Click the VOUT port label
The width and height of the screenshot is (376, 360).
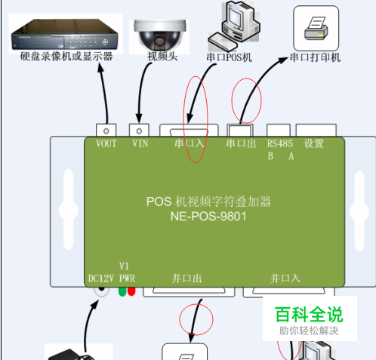coord(106,143)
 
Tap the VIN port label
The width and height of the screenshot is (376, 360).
coord(140,143)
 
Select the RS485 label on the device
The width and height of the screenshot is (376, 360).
coord(280,143)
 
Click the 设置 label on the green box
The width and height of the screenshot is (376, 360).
coord(313,143)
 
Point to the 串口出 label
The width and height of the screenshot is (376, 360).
coord(241,143)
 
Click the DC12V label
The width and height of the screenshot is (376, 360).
coord(101,278)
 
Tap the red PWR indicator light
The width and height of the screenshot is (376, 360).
coord(131,291)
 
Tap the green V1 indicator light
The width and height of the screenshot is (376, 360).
coord(122,292)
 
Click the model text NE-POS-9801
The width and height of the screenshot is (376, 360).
coord(208,217)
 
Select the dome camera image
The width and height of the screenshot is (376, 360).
coord(159,35)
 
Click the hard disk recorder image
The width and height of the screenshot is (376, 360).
coord(65,35)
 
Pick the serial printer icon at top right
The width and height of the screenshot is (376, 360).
coord(316,29)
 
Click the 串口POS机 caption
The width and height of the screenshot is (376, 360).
coord(229,57)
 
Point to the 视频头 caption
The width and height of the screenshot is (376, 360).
coord(162,57)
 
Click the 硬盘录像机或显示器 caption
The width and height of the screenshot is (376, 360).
coord(66,56)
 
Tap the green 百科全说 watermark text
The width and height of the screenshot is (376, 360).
coord(309,315)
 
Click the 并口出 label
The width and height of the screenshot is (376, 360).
coord(186,278)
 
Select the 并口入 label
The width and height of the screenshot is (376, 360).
coord(285,278)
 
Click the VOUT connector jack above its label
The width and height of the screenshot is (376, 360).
coord(106,131)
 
